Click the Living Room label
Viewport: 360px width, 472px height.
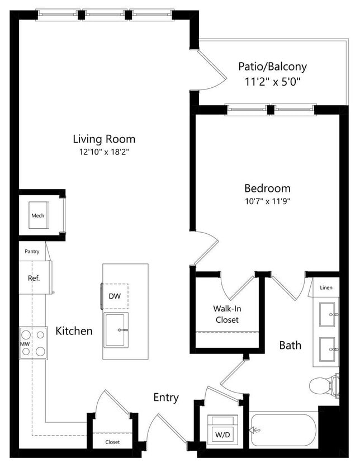[104, 139]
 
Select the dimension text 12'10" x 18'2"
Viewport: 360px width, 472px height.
[104, 152]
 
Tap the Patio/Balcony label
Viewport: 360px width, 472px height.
[272, 67]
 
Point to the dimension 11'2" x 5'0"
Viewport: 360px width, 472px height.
[272, 81]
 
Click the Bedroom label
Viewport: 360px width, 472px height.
[267, 188]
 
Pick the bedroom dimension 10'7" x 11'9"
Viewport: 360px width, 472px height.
[267, 201]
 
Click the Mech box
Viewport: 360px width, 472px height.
[38, 216]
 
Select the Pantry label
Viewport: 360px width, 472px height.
[32, 252]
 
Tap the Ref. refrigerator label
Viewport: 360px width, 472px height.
[34, 277]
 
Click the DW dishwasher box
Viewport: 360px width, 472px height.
[115, 296]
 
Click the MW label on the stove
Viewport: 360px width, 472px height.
[25, 343]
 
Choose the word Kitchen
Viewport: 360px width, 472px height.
[74, 331]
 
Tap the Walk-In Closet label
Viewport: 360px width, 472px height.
[226, 314]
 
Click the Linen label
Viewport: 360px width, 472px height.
[326, 287]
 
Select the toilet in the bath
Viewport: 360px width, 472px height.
[323, 385]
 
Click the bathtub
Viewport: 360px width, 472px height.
[283, 430]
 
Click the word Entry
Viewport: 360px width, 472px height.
[166, 398]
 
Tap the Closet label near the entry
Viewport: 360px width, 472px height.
[112, 442]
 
